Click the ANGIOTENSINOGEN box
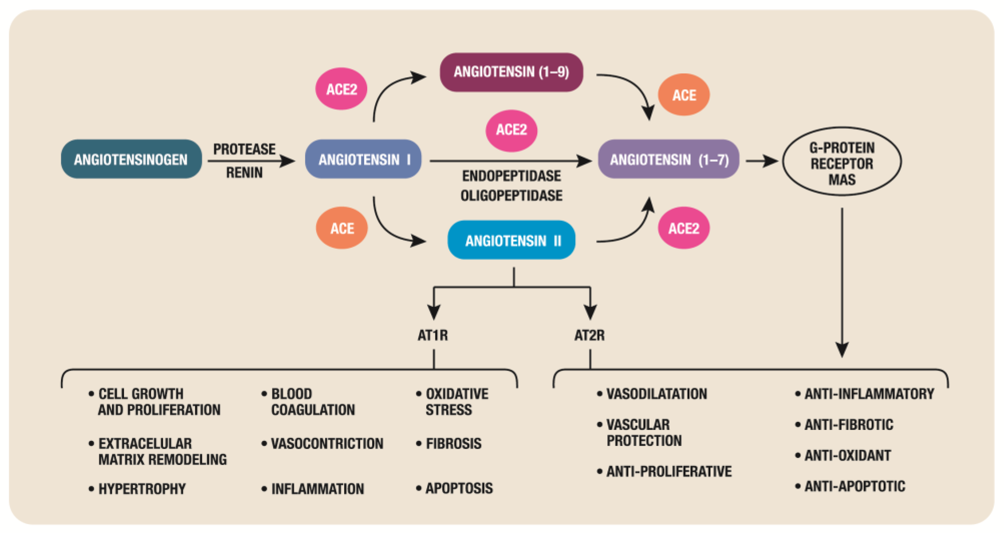(131, 159)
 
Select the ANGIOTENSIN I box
(363, 159)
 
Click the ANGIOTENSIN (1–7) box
(668, 159)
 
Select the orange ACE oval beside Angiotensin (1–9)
(684, 95)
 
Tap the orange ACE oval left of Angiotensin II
(342, 228)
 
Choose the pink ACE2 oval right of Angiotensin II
(684, 228)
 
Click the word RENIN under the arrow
(244, 173)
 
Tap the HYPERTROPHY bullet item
(142, 489)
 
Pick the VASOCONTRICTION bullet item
(327, 444)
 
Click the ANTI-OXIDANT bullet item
(847, 455)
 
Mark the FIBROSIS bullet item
(453, 444)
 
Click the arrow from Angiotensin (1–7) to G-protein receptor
(761, 161)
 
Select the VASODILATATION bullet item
(656, 394)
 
